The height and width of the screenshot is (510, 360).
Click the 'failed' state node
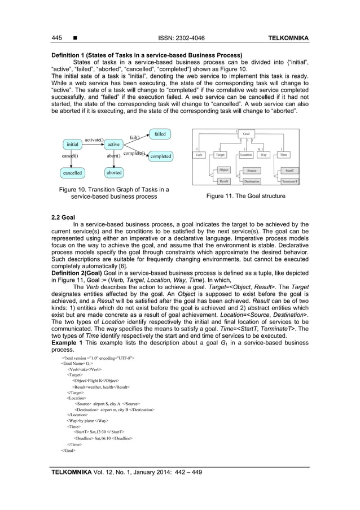click(x=160, y=134)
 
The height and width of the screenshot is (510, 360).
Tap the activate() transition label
click(x=95, y=138)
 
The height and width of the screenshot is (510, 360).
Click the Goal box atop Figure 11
click(x=245, y=134)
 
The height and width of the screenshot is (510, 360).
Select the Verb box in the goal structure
click(x=199, y=154)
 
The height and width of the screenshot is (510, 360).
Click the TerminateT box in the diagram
click(x=289, y=181)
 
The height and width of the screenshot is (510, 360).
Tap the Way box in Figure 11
click(x=263, y=154)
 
